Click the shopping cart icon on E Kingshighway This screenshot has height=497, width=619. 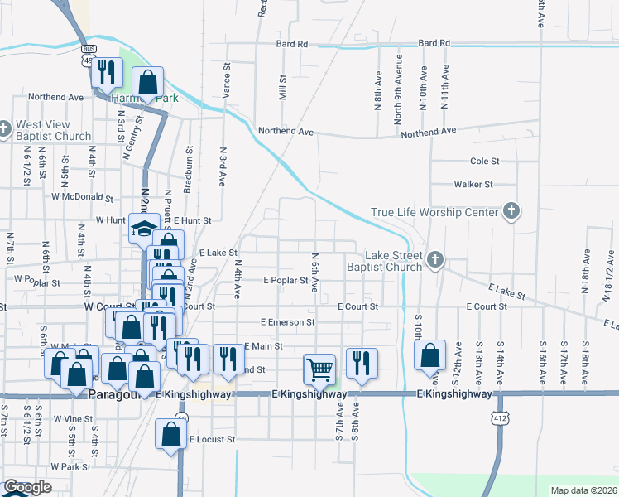pos(319,368)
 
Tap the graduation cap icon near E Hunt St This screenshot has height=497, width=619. pos(144,228)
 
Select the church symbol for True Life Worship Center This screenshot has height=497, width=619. pos(511,211)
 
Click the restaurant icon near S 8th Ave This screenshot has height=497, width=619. pos(362,363)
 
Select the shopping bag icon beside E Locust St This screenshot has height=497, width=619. pos(170,434)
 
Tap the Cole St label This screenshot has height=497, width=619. pos(485,161)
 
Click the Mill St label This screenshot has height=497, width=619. pos(282,89)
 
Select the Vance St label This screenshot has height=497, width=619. pos(226,80)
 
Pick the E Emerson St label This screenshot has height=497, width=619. pos(288,321)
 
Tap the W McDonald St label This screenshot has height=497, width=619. pos(82,197)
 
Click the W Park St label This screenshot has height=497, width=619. pos(70,466)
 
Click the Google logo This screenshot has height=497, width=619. pos(27,488)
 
